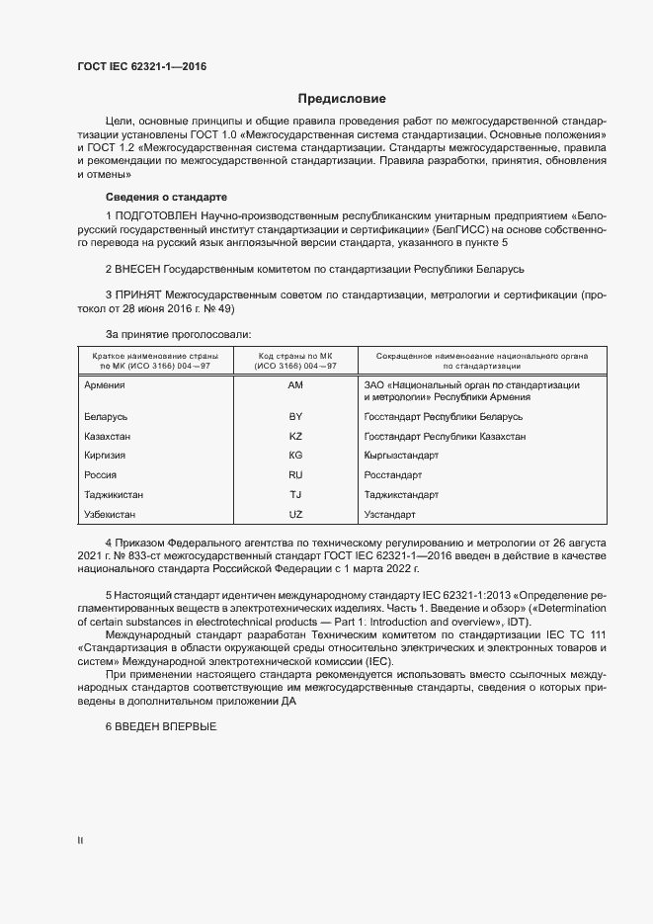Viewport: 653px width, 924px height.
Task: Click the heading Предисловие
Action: tap(342, 99)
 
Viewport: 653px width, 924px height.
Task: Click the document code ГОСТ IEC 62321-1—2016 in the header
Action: tap(141, 67)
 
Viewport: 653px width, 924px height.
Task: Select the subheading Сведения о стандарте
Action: tap(166, 197)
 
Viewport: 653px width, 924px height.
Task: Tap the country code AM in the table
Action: tap(295, 384)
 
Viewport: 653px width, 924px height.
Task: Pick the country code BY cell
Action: tap(295, 417)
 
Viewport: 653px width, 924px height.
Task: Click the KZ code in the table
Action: tap(295, 436)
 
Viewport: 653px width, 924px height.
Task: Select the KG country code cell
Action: tap(295, 456)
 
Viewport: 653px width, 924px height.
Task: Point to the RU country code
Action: tap(295, 475)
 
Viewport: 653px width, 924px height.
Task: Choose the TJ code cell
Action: tap(295, 494)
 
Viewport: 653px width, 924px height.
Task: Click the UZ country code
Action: tap(295, 515)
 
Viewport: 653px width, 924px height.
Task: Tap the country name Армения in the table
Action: tap(106, 384)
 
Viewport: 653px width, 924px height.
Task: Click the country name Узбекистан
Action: tap(112, 515)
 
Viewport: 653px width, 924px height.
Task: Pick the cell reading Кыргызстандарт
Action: tap(401, 456)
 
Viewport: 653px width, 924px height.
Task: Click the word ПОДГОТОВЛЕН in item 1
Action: tap(156, 215)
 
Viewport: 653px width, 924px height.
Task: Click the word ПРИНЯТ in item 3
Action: tap(138, 294)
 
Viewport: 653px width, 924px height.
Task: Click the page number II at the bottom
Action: tap(80, 841)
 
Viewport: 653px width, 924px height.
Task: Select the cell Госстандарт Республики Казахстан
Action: tap(445, 436)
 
